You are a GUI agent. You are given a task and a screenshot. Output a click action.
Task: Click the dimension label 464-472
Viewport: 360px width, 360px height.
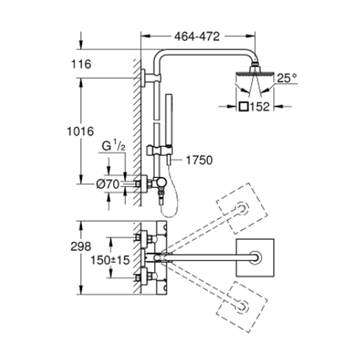pos(197,36)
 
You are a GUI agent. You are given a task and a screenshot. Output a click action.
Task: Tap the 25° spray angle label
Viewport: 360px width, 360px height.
pos(287,78)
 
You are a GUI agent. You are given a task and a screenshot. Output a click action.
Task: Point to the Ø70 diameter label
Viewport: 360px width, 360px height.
pos(108,185)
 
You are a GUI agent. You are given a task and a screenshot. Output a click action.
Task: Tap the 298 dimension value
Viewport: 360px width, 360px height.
pos(81,247)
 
